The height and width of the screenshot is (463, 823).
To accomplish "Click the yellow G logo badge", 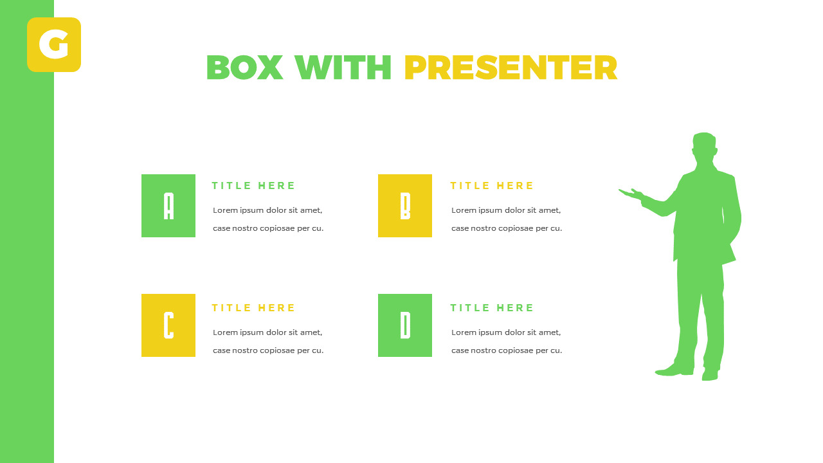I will [54, 44].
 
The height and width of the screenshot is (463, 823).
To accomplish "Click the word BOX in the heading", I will [244, 68].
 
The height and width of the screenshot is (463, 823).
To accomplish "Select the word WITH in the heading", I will [343, 68].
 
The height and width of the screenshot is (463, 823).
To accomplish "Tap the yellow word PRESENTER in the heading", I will [511, 68].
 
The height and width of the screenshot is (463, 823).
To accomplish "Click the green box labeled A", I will [168, 206].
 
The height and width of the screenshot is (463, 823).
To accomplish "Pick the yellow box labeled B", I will [405, 206].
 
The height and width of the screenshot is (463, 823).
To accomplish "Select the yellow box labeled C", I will [168, 325].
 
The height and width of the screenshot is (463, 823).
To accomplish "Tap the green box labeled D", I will [405, 325].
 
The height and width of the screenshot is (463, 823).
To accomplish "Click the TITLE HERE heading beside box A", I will [253, 186].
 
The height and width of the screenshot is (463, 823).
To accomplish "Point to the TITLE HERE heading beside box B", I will [492, 186].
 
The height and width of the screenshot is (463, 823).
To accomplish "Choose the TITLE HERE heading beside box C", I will [253, 308].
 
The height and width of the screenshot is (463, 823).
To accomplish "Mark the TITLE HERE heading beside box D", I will [492, 308].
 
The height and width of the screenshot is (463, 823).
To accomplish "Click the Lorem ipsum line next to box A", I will [267, 210].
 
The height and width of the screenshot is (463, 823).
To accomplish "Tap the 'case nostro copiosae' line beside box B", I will [507, 228].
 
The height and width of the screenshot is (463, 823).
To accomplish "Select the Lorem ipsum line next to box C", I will [267, 332].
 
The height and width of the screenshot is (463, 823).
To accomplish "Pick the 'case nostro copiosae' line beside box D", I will [507, 350].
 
